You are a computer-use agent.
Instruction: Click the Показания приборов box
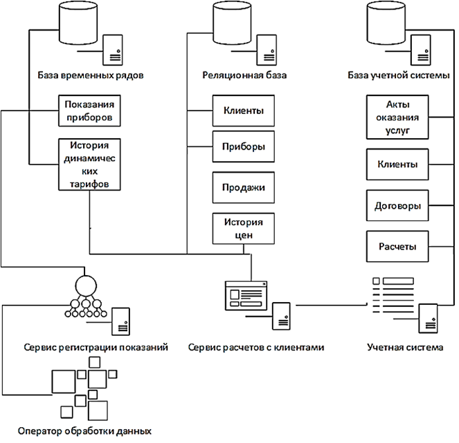pyautogui.click(x=88, y=111)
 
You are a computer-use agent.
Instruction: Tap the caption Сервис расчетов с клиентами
pyautogui.click(x=256, y=346)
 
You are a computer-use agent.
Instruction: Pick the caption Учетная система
pyautogui.click(x=405, y=346)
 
